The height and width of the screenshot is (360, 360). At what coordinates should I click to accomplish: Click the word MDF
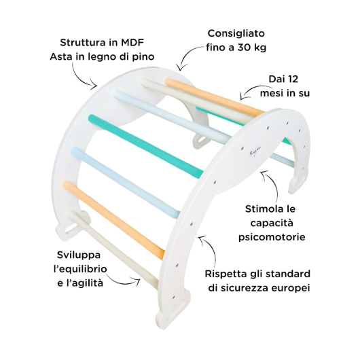[x=132, y=43]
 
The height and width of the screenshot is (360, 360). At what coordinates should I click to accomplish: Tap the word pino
[x=143, y=56]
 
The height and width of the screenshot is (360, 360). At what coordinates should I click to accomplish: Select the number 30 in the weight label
[x=243, y=48]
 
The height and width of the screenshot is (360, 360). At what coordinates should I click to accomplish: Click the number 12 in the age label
[x=293, y=79]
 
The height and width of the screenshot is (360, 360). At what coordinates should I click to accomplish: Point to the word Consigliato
[x=236, y=33]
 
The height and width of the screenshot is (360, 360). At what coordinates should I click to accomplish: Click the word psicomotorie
[x=272, y=237]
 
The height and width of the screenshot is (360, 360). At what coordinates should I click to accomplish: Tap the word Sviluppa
[x=79, y=255]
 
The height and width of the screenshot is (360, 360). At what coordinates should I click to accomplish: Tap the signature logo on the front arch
[x=254, y=153]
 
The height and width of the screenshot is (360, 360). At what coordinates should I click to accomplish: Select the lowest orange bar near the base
[x=113, y=219]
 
